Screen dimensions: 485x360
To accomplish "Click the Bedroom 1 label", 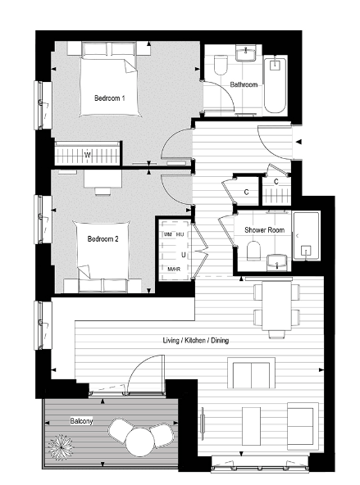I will [x=110, y=99].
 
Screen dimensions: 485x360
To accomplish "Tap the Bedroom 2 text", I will [x=104, y=239].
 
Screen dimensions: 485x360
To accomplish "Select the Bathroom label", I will [x=244, y=85].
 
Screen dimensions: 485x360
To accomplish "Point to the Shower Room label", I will [x=264, y=230].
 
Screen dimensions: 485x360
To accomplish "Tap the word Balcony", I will [x=80, y=421].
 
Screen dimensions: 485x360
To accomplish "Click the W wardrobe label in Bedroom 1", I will [x=88, y=153].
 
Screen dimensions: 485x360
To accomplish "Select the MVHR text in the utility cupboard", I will [x=173, y=268].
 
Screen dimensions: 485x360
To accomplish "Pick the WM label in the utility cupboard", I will [x=168, y=235].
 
